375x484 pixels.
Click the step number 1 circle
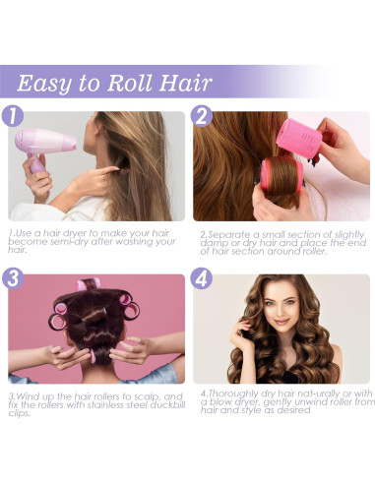coord(14,116)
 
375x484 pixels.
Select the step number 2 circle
coord(202,116)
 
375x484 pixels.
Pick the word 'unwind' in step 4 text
coord(299,402)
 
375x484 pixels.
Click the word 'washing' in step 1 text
coord(130,242)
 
